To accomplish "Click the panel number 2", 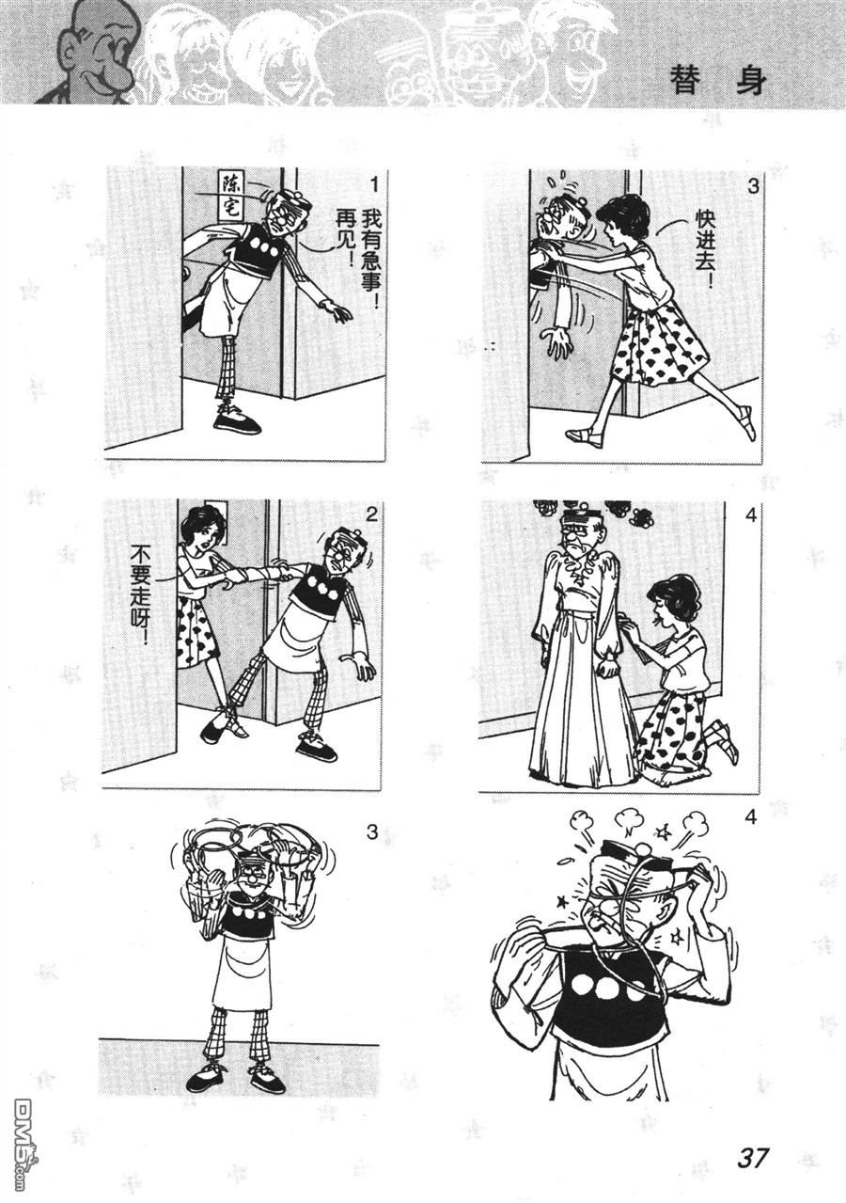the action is point(371,515).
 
